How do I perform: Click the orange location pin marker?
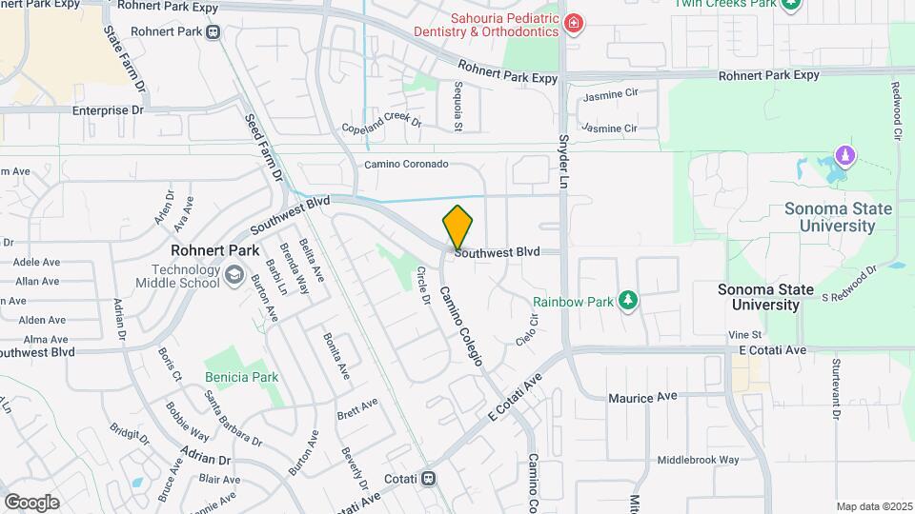pyautogui.click(x=457, y=227)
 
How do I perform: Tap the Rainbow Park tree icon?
pyautogui.click(x=627, y=301)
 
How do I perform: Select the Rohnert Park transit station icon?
pyautogui.click(x=213, y=31)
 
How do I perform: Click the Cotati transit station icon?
pyautogui.click(x=429, y=478)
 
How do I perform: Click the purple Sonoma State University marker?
pyautogui.click(x=843, y=154)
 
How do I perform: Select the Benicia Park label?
pyautogui.click(x=242, y=377)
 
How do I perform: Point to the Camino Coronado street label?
pyautogui.click(x=406, y=165)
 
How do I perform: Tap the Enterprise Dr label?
pyautogui.click(x=108, y=110)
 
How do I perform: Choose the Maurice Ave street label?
pyautogui.click(x=643, y=396)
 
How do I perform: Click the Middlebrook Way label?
pyautogui.click(x=698, y=459)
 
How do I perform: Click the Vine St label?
pyautogui.click(x=744, y=335)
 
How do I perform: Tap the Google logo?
pyautogui.click(x=31, y=502)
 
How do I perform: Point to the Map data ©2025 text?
pyautogui.click(x=873, y=506)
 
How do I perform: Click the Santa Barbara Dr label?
pyautogui.click(x=234, y=418)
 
